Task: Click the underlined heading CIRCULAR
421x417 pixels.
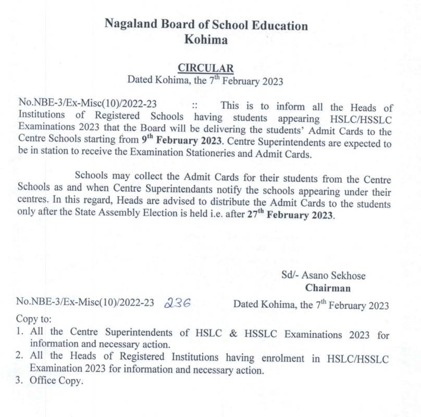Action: point(206,68)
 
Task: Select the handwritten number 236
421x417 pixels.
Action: point(177,304)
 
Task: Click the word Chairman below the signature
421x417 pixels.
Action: point(328,288)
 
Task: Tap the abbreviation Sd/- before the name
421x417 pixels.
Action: point(290,276)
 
